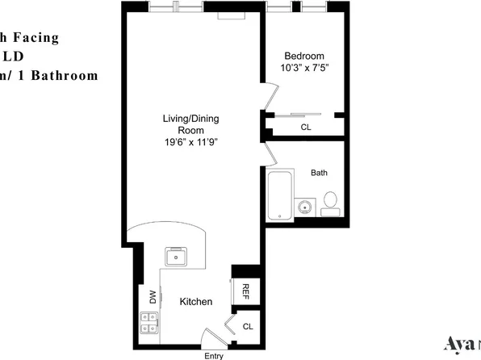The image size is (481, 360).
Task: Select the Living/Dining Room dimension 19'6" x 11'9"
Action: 190,141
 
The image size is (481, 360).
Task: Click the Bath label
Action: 319,172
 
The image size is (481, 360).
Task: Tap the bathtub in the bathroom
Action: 278,196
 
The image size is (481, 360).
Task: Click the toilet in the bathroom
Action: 331,202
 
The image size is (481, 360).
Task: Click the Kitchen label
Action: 196,301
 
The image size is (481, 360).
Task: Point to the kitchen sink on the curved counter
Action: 176,257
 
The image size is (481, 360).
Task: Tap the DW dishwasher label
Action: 152,296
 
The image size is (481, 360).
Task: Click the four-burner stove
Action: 149,323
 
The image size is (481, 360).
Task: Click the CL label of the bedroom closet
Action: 306,127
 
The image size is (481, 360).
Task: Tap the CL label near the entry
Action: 248,327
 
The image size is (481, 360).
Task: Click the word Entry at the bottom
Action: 214,355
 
